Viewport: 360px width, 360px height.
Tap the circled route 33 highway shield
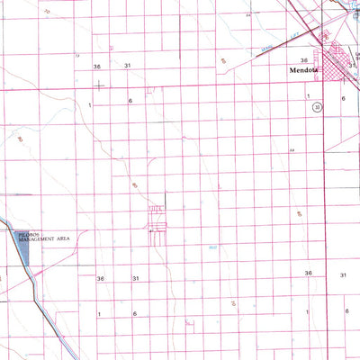(317, 106)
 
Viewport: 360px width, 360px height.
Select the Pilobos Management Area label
(43, 238)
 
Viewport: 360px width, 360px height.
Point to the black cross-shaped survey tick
(98, 85)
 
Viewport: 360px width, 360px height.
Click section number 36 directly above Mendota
(304, 60)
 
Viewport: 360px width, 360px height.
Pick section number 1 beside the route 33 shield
(308, 94)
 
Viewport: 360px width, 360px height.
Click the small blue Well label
(212, 247)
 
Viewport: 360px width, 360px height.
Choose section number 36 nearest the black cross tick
(96, 67)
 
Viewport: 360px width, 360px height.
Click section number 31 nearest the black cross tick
(128, 67)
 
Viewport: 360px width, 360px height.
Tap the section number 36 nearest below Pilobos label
(101, 279)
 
